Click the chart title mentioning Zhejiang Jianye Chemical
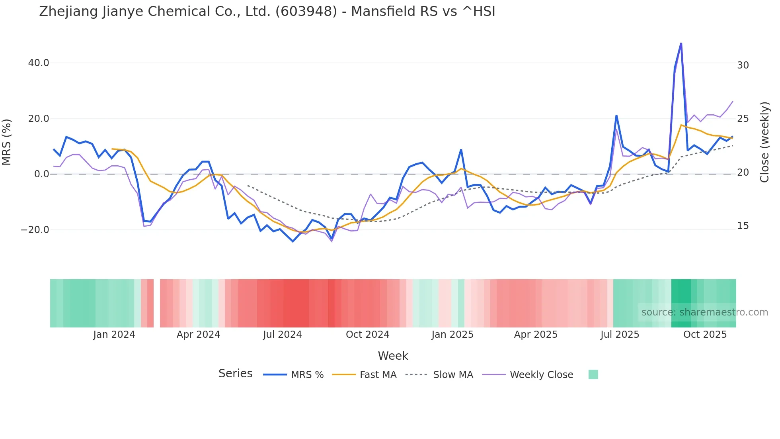coord(267,12)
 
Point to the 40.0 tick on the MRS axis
coord(39,63)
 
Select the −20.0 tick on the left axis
coord(35,230)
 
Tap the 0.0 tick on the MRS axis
coord(41,174)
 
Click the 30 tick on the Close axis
coord(743,65)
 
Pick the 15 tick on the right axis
coord(743,226)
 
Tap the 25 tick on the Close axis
coord(743,119)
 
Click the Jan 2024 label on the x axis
coord(114,335)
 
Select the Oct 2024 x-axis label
coord(367,335)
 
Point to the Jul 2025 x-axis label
coord(620,335)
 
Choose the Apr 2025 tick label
coord(536,335)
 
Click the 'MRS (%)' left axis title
coord(7,142)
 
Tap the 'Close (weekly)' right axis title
coord(764,142)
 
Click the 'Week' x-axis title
coord(393,356)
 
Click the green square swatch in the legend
coord(593,374)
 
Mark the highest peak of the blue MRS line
coord(681,43)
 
